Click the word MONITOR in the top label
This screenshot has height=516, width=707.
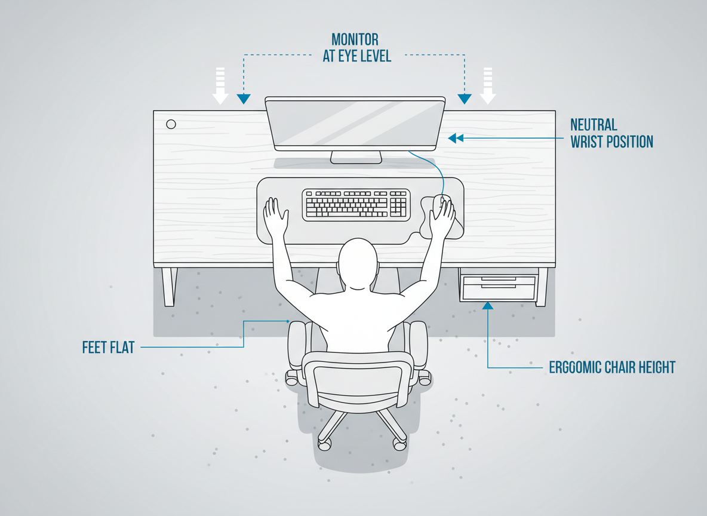point(355,40)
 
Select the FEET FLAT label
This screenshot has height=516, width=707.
point(108,347)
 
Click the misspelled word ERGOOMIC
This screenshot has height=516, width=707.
point(582,367)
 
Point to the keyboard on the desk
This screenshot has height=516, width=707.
point(356,204)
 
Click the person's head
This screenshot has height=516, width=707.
point(358,263)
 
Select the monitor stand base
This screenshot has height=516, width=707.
point(356,158)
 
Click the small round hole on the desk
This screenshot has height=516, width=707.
point(171,124)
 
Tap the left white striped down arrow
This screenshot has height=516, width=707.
point(220,86)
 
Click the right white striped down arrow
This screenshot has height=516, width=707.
point(488,86)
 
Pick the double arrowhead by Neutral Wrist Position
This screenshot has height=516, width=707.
point(455,139)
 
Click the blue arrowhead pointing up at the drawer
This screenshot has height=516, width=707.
point(488,306)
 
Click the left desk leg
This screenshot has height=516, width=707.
point(169,287)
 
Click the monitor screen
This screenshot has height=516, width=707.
point(355,124)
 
